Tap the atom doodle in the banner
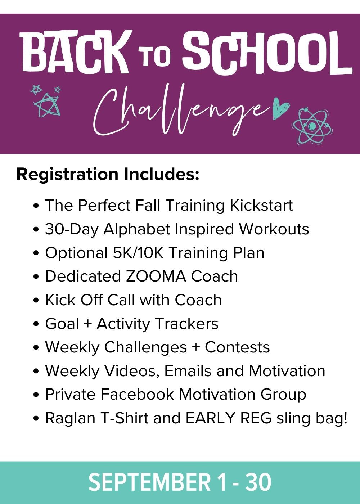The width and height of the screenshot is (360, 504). [x=312, y=126]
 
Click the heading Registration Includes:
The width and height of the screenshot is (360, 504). [x=108, y=174]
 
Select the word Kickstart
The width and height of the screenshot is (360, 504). [x=261, y=205]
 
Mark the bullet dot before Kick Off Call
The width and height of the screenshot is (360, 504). [x=36, y=300]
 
